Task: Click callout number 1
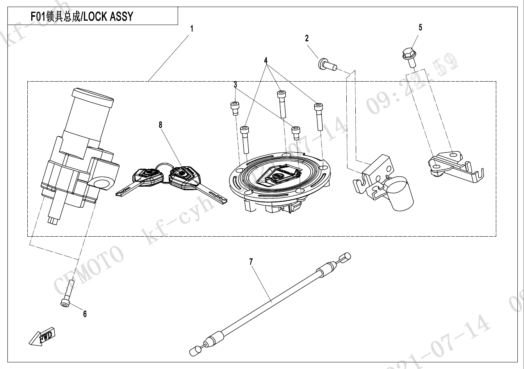click(192, 29)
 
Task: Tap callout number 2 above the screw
click(307, 38)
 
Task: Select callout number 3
click(235, 84)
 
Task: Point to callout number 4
click(266, 61)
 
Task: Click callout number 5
click(420, 27)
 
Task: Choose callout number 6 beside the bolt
click(85, 314)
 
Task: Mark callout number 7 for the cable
click(251, 262)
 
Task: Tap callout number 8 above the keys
click(160, 125)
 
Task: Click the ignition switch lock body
click(78, 164)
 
